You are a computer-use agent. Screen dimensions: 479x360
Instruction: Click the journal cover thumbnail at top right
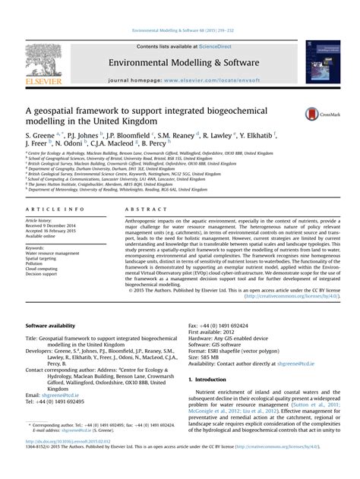[x=322, y=62]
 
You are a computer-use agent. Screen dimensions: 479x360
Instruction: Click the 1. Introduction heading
[x=216, y=379]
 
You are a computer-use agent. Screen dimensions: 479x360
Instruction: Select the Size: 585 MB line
[x=206, y=358]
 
